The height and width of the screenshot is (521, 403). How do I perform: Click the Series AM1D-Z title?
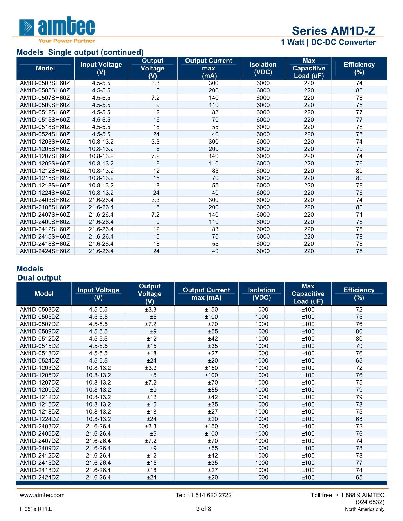[334, 31]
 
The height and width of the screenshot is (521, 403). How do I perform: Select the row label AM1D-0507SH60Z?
[45, 98]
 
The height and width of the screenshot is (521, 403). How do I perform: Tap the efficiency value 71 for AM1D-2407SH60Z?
[359, 215]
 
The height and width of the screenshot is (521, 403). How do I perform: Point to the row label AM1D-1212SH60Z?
[45, 171]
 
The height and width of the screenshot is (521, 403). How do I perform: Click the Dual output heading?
[39, 278]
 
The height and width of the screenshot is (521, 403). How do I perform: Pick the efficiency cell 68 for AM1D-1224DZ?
[359, 419]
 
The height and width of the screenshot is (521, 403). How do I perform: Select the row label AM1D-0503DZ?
[40, 309]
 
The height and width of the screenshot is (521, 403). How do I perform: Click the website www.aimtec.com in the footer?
[42, 495]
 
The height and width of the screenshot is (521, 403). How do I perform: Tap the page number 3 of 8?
[203, 509]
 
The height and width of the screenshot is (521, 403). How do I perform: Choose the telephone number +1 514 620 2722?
[203, 495]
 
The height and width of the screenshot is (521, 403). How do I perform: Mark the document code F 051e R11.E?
[36, 509]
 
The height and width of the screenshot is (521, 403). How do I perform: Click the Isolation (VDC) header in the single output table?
[263, 68]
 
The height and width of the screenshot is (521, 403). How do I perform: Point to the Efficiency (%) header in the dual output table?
[359, 294]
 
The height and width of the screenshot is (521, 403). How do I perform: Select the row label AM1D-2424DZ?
[40, 477]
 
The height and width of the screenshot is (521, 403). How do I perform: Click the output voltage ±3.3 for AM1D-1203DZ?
[151, 368]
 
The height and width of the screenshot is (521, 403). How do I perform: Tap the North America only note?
[365, 509]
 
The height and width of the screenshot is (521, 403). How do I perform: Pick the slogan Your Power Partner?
[67, 41]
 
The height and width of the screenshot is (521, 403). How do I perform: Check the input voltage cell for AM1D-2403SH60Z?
[101, 200]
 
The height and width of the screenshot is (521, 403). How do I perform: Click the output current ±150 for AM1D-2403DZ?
[211, 426]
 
